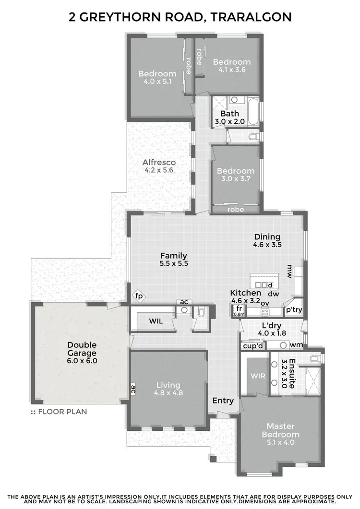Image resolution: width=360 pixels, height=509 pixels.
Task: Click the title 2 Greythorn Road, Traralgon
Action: click(x=180, y=18)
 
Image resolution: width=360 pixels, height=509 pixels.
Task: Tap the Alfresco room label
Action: click(x=155, y=163)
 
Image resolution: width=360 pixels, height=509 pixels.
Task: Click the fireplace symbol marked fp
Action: click(x=138, y=296)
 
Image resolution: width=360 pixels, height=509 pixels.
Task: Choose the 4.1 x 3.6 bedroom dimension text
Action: click(x=232, y=70)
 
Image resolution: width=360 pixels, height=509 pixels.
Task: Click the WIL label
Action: click(x=156, y=321)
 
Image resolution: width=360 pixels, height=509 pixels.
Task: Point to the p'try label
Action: click(x=294, y=310)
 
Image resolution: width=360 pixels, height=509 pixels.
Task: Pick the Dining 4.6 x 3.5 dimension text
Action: click(x=267, y=245)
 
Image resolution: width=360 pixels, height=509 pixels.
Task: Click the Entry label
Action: click(x=223, y=401)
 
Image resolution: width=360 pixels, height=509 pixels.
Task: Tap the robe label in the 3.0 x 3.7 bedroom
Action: click(x=236, y=210)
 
